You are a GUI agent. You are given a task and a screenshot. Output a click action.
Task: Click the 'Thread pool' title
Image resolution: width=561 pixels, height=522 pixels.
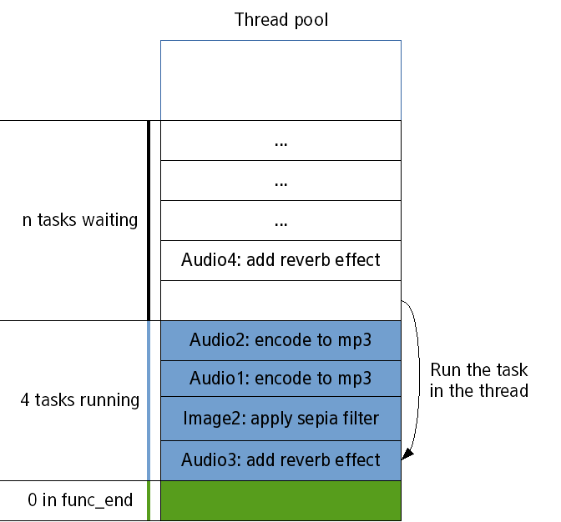point(281,19)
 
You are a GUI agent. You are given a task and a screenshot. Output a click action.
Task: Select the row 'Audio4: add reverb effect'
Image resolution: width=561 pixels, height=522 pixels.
point(280,260)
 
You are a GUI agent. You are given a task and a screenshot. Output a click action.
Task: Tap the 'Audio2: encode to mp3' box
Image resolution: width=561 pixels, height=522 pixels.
point(280,340)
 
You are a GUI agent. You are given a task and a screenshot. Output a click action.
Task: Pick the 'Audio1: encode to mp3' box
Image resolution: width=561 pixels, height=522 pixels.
point(280,379)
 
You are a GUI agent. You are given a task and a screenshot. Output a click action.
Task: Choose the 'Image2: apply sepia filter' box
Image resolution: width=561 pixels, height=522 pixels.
point(280,419)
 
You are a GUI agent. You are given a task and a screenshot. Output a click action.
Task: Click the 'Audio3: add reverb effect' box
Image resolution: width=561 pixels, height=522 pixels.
point(280,459)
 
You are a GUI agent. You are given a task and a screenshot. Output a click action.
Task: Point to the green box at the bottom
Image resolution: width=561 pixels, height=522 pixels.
point(280,500)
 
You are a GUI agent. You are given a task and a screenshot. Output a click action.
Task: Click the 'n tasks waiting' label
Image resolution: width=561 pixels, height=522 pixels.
point(80,221)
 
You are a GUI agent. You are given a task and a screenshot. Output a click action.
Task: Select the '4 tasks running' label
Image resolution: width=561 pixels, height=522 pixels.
point(80,400)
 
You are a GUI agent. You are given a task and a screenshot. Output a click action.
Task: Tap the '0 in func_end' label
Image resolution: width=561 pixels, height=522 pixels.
point(80,500)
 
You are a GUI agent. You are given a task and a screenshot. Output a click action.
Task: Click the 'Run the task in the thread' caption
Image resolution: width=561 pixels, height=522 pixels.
point(479,380)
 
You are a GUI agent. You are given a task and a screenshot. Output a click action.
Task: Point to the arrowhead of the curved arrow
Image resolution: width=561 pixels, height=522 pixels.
point(407,455)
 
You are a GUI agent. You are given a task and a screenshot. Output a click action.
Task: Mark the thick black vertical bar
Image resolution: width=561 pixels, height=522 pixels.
point(149,220)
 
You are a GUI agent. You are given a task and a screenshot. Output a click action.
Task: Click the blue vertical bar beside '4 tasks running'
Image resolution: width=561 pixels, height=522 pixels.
point(149,400)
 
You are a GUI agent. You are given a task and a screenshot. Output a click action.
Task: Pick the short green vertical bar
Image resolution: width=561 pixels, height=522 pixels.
point(149,500)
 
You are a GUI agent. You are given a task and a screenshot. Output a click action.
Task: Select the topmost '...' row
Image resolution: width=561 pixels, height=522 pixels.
point(280,141)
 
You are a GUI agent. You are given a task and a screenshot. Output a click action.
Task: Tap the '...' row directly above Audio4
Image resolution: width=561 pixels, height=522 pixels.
point(280,221)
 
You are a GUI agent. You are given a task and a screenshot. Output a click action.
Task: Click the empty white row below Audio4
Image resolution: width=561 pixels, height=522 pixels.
point(280,300)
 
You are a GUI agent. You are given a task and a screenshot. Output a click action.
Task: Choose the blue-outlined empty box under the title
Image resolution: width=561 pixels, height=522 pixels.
point(280,80)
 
